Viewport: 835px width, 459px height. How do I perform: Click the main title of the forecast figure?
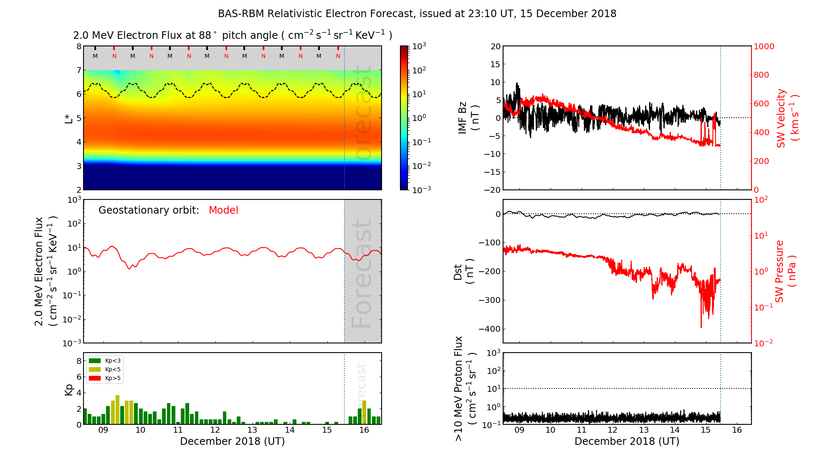point(417,14)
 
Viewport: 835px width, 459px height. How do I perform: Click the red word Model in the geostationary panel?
point(223,210)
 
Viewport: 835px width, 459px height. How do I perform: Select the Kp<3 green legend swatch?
point(95,361)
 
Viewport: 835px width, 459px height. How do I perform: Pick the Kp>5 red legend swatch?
point(95,378)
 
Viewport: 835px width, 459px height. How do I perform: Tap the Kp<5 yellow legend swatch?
point(95,370)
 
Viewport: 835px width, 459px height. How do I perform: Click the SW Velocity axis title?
point(787,118)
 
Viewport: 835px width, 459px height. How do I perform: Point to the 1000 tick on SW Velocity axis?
point(764,46)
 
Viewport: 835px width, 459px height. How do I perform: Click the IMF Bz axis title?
point(468,119)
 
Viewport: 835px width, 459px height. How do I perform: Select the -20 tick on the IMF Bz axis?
point(493,190)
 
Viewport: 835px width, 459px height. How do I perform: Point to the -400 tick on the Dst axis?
point(489,329)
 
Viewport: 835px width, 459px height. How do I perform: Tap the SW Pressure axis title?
point(786,271)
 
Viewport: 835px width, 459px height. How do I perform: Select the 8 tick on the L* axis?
point(79,46)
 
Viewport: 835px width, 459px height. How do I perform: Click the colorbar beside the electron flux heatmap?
point(404,118)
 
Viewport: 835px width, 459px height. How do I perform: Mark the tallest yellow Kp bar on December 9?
point(118,410)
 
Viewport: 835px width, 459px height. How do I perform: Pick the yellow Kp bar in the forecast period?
point(364,412)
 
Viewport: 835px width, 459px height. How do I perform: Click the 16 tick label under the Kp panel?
point(364,430)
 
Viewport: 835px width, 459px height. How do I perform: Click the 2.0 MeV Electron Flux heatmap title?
point(233,35)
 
